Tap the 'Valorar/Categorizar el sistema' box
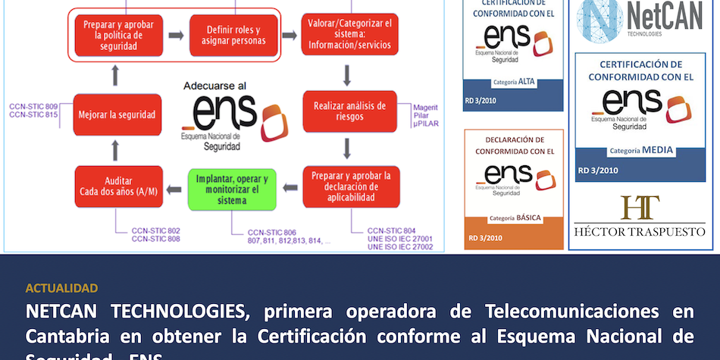pos(349,35)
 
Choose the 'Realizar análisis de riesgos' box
pos(349,112)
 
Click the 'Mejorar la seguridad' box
pos(117,115)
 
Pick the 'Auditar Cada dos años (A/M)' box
pos(117,186)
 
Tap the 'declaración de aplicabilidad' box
pos(349,186)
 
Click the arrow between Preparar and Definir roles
pos(175,35)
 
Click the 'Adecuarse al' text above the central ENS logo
pos(214,86)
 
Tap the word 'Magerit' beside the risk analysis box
pos(426,108)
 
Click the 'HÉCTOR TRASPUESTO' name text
pos(640,231)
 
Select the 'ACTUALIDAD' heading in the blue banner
pos(61,288)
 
